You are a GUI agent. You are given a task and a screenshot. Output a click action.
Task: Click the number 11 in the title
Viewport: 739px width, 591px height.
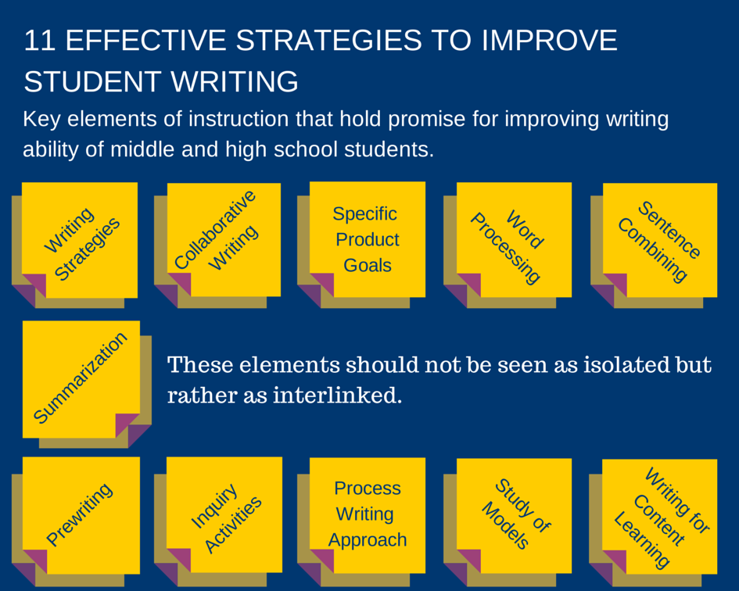click(39, 41)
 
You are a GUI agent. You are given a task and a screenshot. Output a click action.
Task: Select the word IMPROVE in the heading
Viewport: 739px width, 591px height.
click(550, 41)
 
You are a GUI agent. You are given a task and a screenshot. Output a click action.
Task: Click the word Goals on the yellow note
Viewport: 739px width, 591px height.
click(368, 265)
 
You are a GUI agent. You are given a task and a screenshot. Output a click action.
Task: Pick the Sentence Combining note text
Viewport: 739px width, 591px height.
click(659, 241)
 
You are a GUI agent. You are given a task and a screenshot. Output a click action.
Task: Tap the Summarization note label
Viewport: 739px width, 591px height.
click(80, 378)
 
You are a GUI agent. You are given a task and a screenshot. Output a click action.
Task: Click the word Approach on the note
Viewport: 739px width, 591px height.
click(368, 540)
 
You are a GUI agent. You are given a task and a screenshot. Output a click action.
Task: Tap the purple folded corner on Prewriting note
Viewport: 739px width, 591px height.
click(34, 561)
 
